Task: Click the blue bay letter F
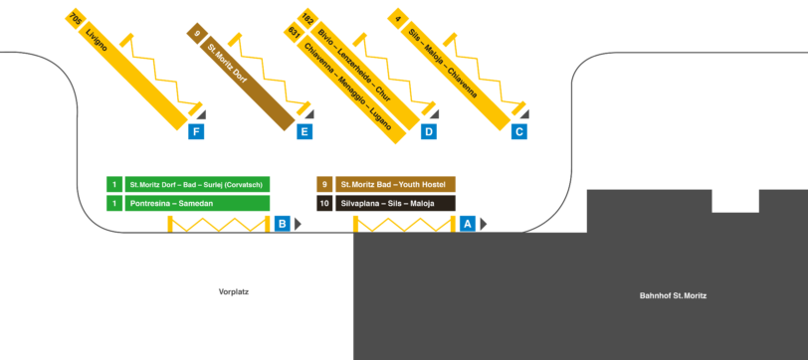point(197,131)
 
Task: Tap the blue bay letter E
point(304,131)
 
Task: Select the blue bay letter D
point(429,131)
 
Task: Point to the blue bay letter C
point(518,131)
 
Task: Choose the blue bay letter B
point(283,225)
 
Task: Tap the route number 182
point(307,18)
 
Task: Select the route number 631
point(294,32)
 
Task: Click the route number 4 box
point(397,18)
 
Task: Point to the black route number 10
point(324,203)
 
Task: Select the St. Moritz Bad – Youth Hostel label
point(395,184)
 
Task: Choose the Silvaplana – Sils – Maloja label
point(395,203)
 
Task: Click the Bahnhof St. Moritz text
point(672,295)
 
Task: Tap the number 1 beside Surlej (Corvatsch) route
point(114,184)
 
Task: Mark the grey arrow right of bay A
point(483,225)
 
